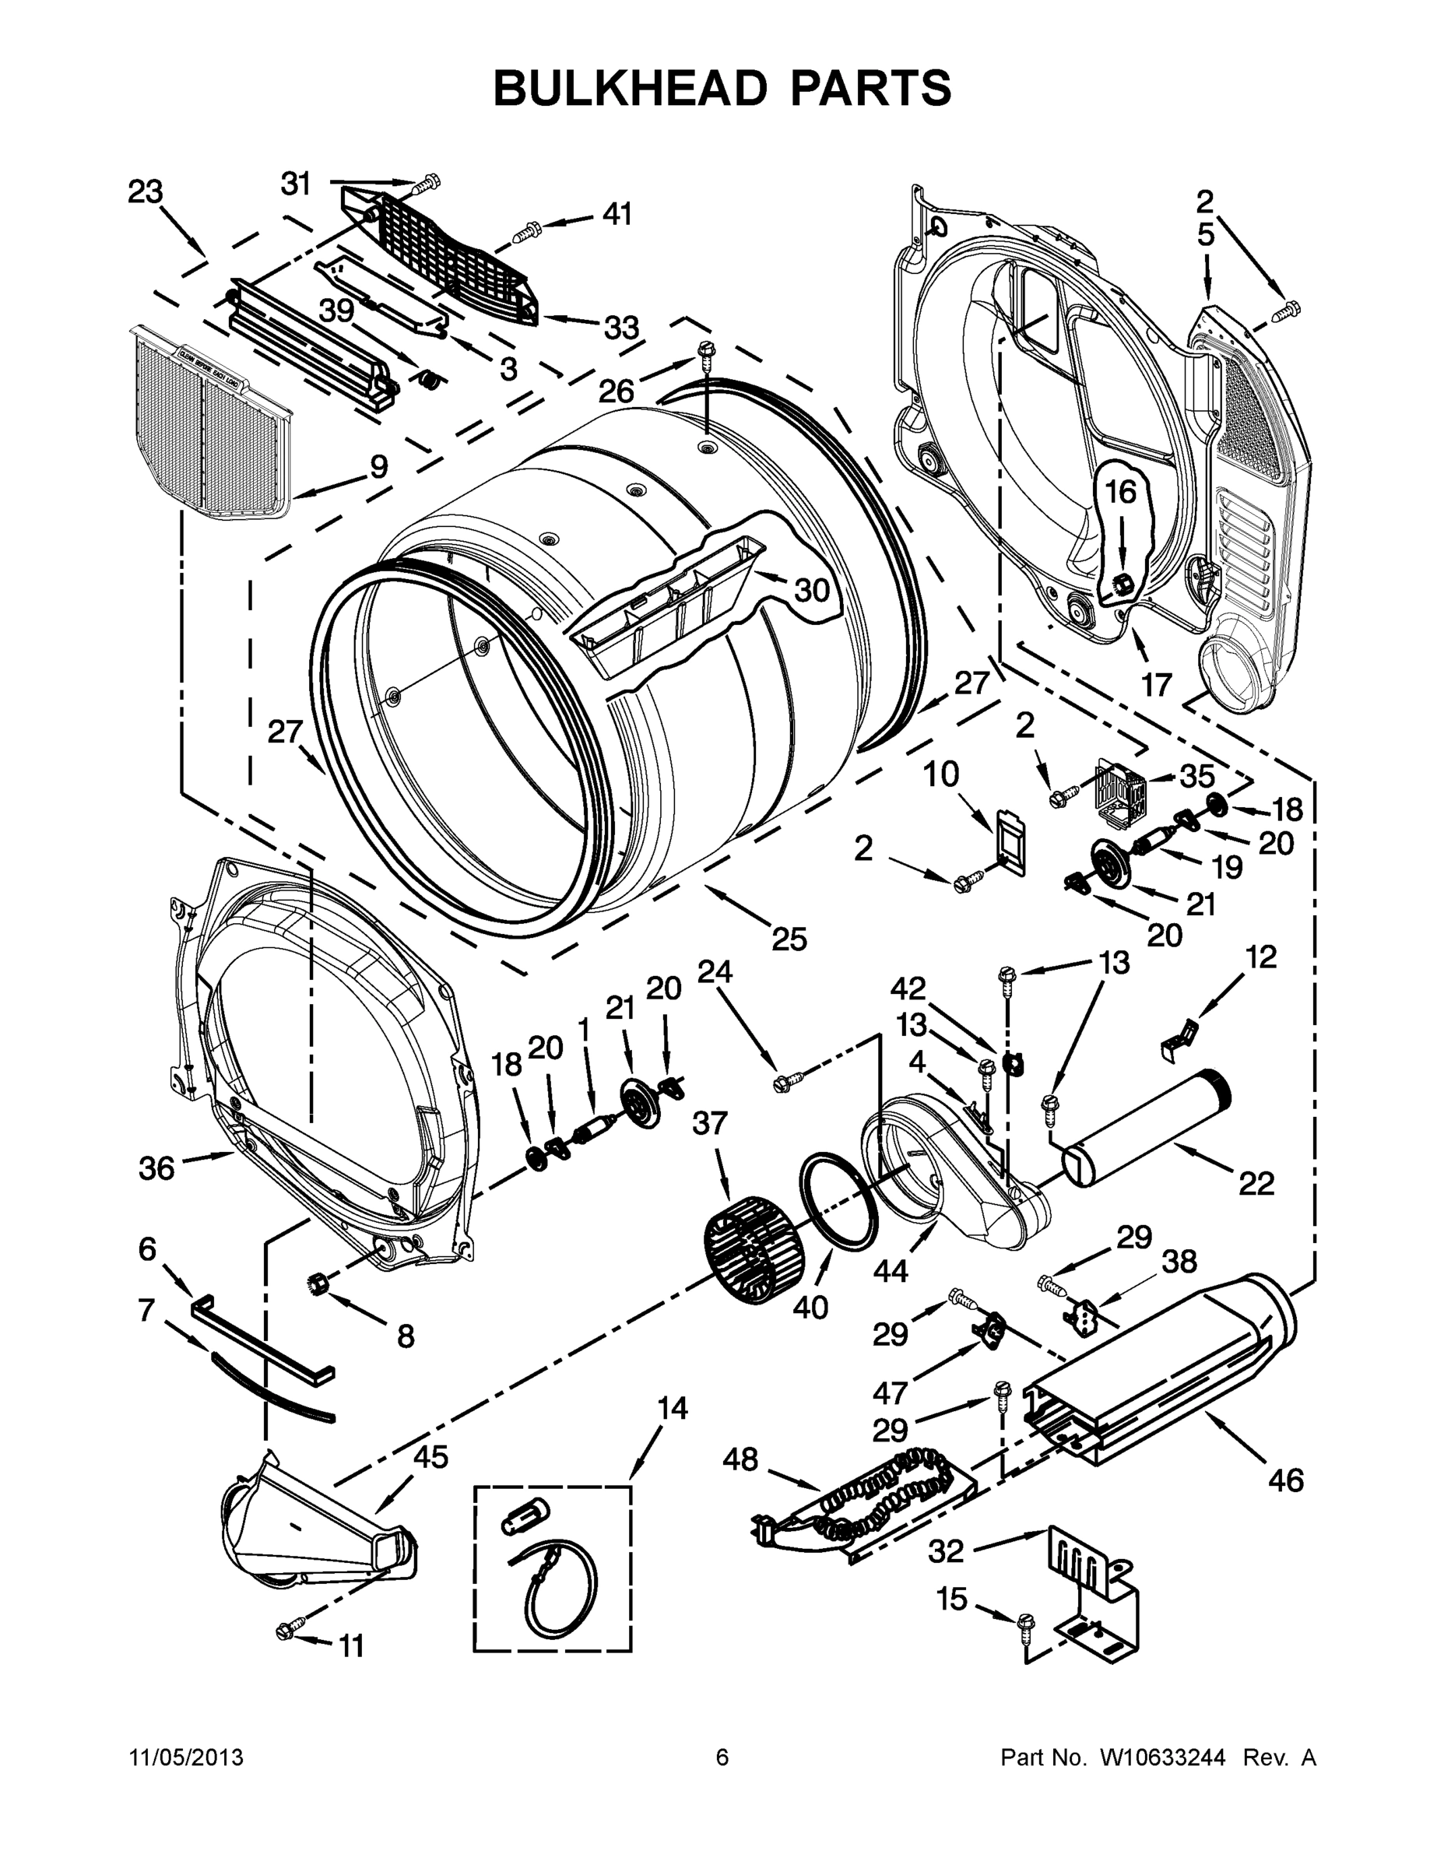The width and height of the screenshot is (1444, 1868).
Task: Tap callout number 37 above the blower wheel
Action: click(x=709, y=1123)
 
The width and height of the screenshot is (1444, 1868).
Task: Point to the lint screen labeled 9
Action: click(x=209, y=423)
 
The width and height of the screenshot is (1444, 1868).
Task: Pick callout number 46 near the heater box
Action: click(x=1286, y=1480)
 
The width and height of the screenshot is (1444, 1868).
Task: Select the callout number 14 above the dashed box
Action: click(x=673, y=1408)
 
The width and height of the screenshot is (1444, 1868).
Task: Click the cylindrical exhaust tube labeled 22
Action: click(x=1147, y=1129)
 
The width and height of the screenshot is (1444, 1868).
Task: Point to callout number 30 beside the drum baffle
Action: click(x=812, y=589)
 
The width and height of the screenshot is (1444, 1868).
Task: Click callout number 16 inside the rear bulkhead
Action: click(x=1121, y=491)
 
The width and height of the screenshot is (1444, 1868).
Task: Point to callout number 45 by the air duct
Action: click(x=430, y=1456)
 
